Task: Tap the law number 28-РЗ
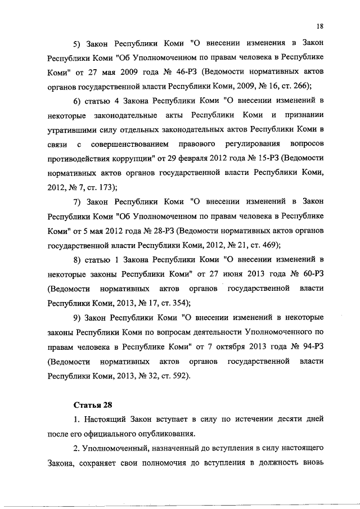(159, 231)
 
